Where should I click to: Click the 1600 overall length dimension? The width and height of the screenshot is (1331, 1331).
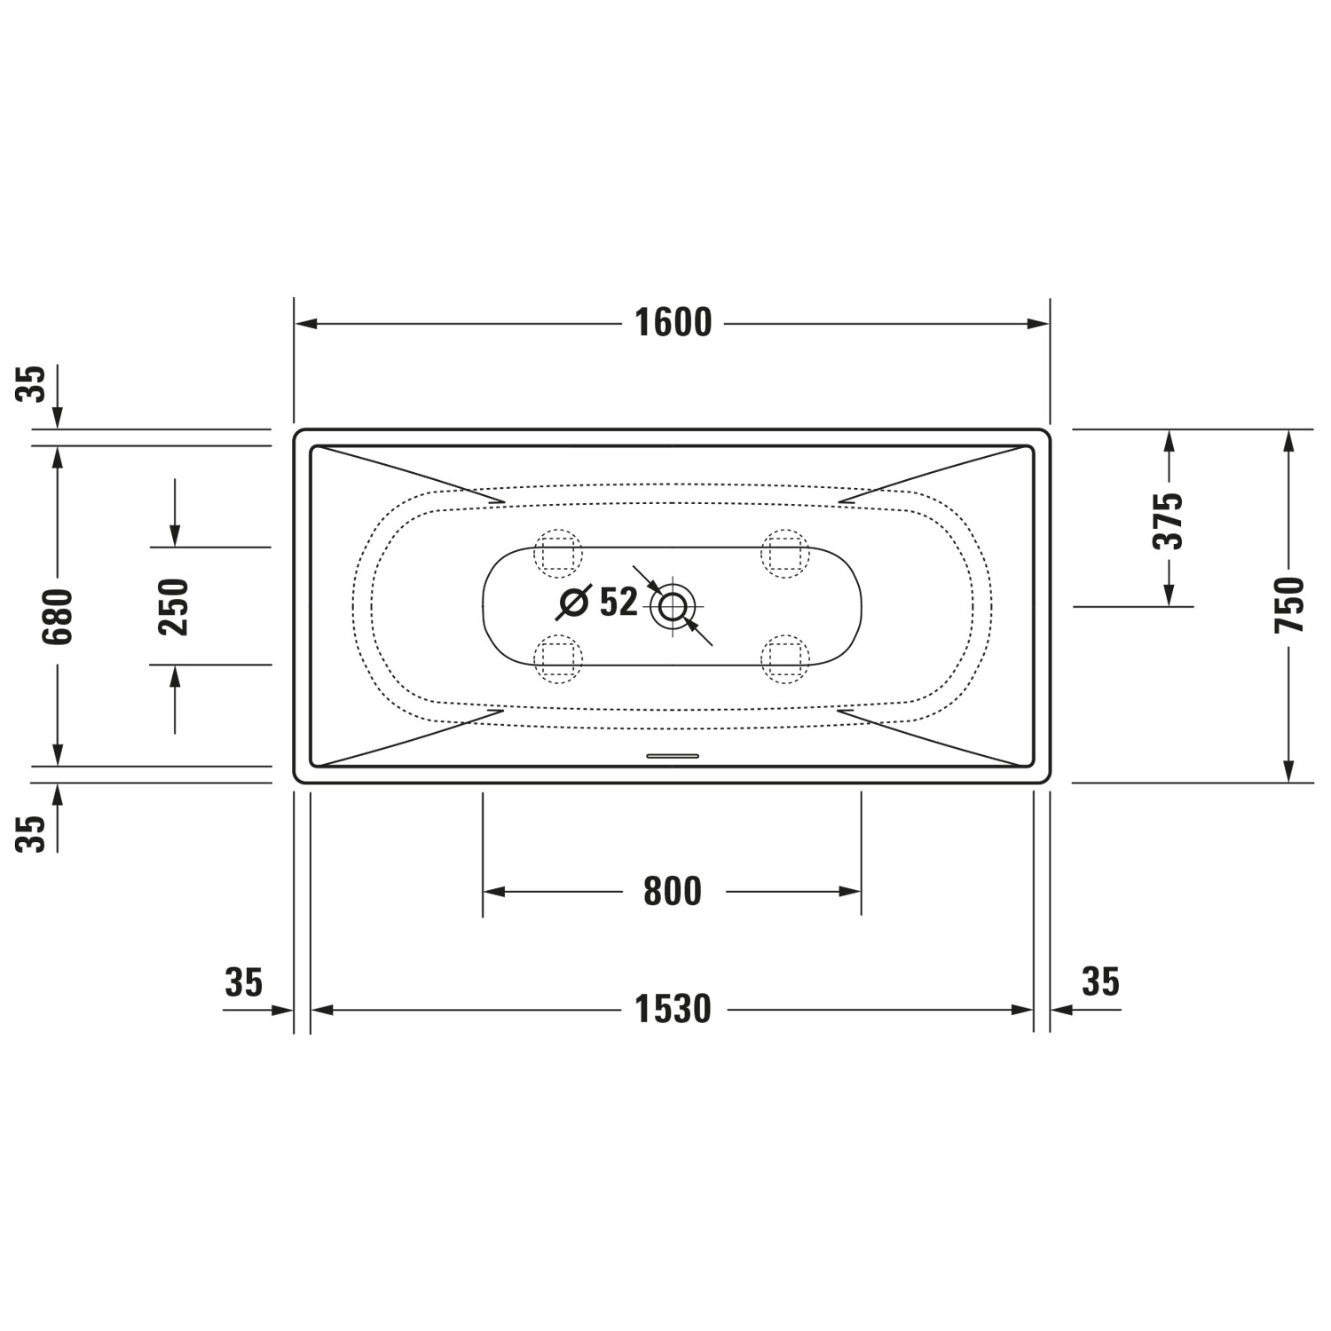pyautogui.click(x=673, y=323)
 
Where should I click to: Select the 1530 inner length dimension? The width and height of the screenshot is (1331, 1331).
pyautogui.click(x=673, y=1009)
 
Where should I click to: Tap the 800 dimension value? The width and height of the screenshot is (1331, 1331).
pyautogui.click(x=673, y=891)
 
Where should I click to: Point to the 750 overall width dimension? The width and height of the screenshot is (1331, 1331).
pyautogui.click(x=1289, y=604)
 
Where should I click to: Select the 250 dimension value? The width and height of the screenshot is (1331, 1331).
pyautogui.click(x=174, y=606)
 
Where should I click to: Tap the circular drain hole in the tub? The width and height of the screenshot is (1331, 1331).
pyautogui.click(x=673, y=607)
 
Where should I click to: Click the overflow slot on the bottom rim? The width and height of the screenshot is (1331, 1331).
pyautogui.click(x=673, y=756)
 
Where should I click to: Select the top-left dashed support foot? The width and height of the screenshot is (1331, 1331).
pyautogui.click(x=558, y=554)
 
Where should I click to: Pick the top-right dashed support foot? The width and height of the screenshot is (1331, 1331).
pyautogui.click(x=785, y=554)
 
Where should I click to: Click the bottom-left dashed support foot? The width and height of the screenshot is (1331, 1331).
pyautogui.click(x=558, y=658)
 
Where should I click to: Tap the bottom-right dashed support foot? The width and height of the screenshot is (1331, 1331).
pyautogui.click(x=785, y=658)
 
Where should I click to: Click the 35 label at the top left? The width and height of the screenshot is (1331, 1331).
pyautogui.click(x=33, y=383)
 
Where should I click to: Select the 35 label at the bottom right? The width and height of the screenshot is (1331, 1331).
pyautogui.click(x=1100, y=981)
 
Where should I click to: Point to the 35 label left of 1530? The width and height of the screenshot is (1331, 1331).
pyautogui.click(x=244, y=982)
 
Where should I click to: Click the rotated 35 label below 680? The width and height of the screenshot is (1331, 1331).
pyautogui.click(x=33, y=833)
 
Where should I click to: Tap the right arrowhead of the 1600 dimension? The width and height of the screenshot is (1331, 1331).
pyautogui.click(x=1039, y=324)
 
